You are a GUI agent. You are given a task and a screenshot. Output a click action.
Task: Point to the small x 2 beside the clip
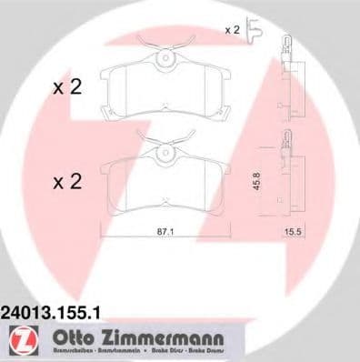(234, 31)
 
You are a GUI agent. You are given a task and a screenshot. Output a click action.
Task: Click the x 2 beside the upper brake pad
(67, 88)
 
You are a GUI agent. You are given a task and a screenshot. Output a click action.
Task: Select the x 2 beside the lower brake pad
(67, 182)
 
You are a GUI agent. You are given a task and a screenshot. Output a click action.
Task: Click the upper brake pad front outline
(165, 91)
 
